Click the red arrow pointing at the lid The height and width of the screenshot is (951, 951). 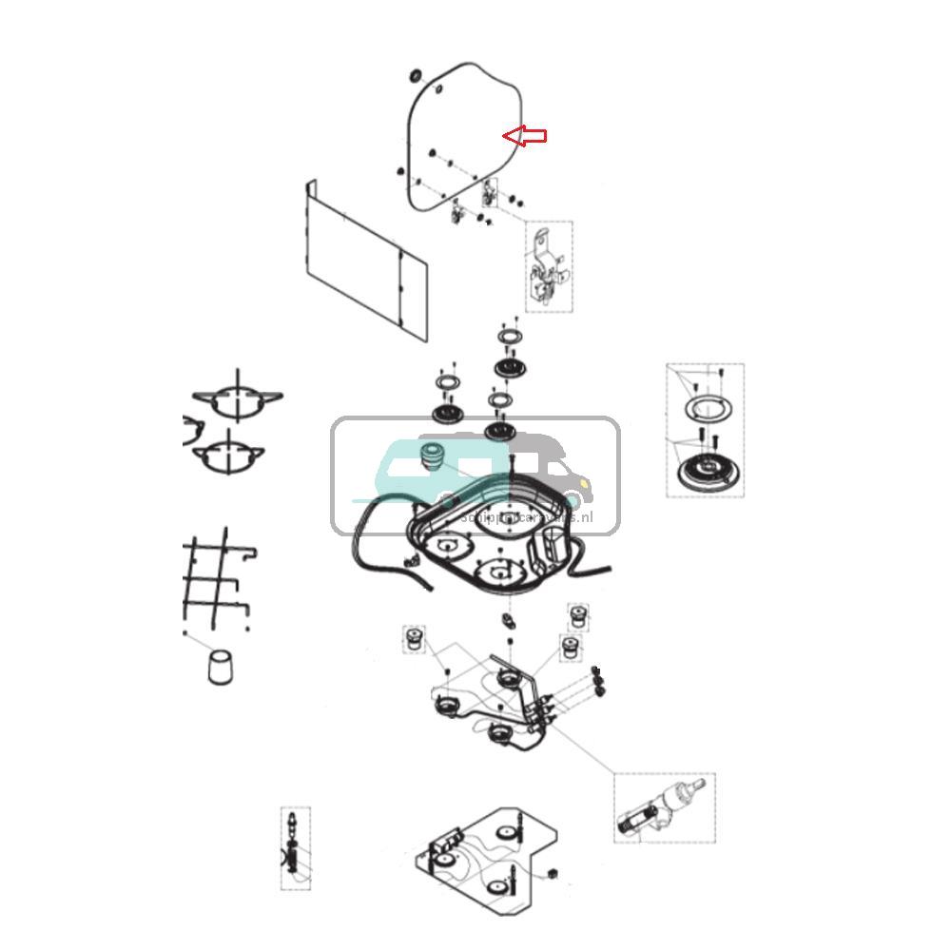(x=525, y=136)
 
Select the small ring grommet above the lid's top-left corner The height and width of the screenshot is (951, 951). (x=414, y=75)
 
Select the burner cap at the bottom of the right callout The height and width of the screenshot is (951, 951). (x=705, y=469)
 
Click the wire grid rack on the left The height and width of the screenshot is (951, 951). (x=216, y=581)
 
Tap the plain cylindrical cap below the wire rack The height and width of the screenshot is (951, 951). (x=221, y=667)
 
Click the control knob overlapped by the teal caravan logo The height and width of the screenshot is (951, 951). (x=434, y=454)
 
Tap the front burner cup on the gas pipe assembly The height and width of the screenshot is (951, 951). (x=497, y=734)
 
